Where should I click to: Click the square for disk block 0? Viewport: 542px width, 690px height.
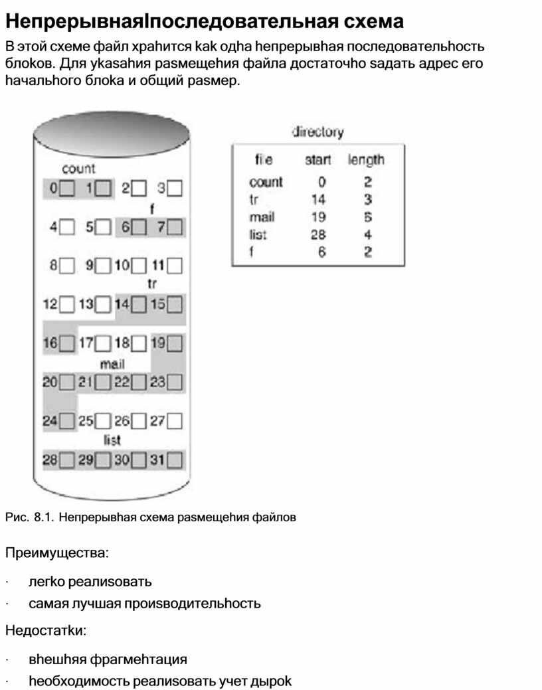point(67,189)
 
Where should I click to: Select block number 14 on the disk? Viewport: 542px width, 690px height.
point(139,305)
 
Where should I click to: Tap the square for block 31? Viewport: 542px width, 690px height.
point(175,460)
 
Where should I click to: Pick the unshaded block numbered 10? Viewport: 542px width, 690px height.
point(139,266)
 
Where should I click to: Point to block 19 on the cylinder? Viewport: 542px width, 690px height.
point(175,344)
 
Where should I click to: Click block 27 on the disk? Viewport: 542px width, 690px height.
point(175,421)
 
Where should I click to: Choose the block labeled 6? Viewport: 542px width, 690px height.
point(139,228)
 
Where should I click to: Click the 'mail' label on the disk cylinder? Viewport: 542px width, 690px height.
point(112,364)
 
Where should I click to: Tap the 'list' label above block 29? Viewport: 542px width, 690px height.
point(112,440)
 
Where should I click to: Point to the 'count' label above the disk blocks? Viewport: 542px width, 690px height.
point(78,169)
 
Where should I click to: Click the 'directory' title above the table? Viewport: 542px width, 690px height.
point(318,132)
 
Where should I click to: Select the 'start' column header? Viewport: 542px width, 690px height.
point(317,160)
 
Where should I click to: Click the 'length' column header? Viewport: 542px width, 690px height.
point(365,160)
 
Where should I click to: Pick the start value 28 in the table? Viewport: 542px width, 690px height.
point(318,234)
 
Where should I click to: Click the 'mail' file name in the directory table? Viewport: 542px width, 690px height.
point(262,216)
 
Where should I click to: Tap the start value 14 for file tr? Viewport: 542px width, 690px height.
point(318,199)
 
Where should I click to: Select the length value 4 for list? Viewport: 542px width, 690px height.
point(367,234)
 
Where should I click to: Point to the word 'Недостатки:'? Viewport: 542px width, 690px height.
point(46,630)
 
